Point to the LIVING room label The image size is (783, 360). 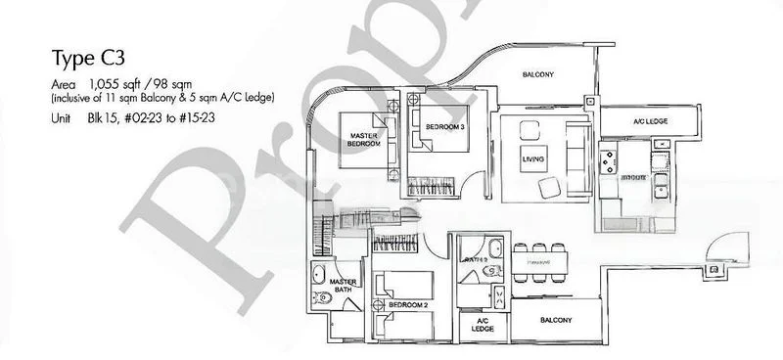click(x=533, y=158)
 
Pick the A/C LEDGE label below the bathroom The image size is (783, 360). click(x=482, y=325)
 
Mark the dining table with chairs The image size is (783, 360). click(x=535, y=261)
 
